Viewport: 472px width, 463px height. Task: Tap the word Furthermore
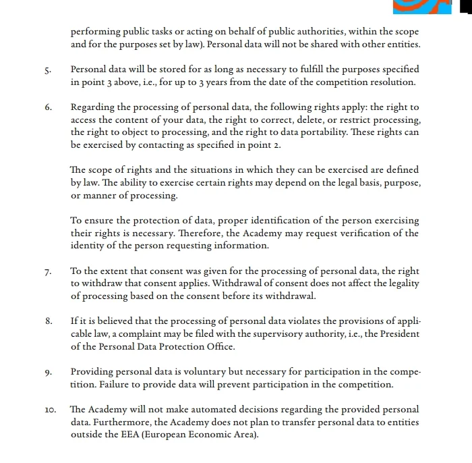click(x=120, y=423)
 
